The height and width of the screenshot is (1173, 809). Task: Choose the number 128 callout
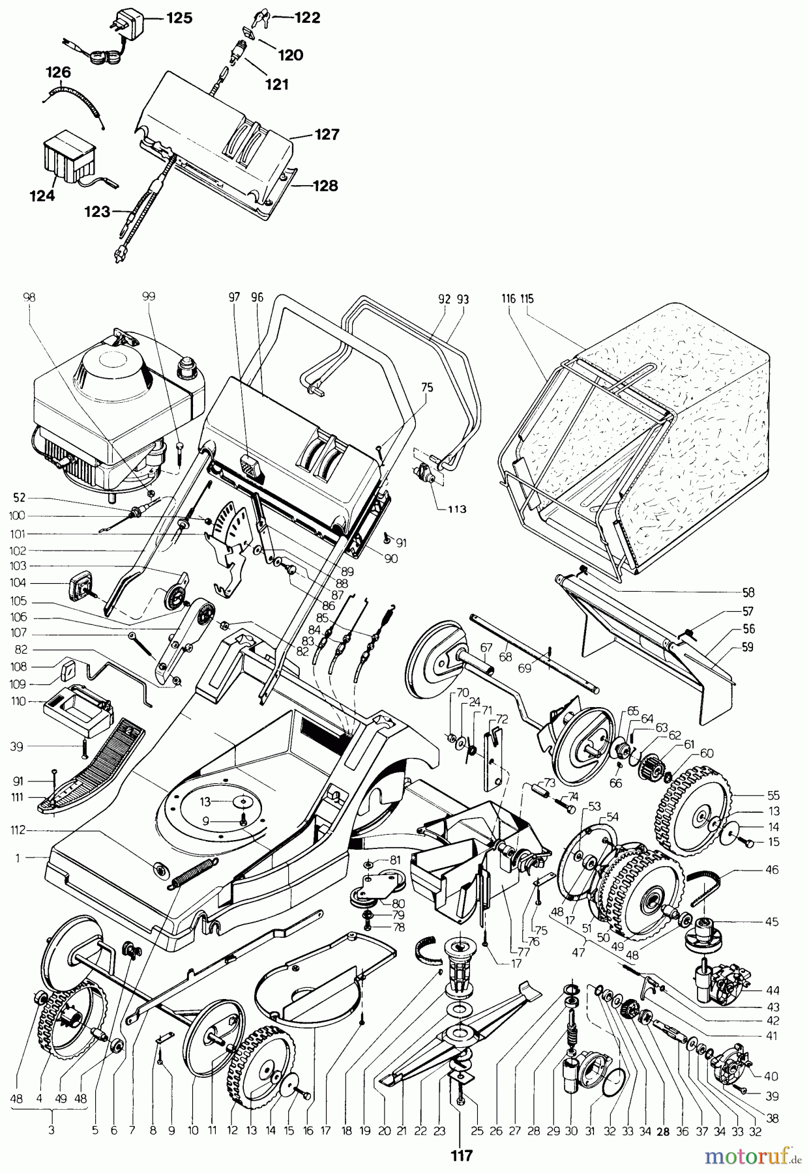[x=325, y=186]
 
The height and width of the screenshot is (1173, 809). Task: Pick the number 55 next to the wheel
[x=774, y=796]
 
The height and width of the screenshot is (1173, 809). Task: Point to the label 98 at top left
[x=29, y=297]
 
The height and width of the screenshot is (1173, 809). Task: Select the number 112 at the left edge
[x=18, y=830]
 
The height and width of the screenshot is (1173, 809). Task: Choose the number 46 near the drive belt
[x=774, y=869]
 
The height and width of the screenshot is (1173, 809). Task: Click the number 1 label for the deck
[x=18, y=858]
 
